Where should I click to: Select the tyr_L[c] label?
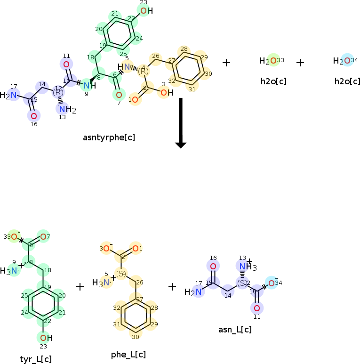(x=36, y=359)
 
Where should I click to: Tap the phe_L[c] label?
(x=128, y=354)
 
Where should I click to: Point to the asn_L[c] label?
(x=235, y=329)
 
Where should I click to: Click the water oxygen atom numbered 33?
(x=273, y=61)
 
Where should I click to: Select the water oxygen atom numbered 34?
(x=347, y=61)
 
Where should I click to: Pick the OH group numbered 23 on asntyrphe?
(x=144, y=11)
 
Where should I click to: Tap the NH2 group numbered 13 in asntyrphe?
(x=64, y=110)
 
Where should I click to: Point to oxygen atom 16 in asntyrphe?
(x=33, y=116)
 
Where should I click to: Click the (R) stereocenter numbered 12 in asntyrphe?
(x=58, y=93)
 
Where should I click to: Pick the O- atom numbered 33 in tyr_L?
(x=14, y=236)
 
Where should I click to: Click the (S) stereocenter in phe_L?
(x=121, y=274)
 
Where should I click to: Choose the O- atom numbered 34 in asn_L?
(x=272, y=283)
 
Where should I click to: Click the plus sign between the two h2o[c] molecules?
(x=300, y=63)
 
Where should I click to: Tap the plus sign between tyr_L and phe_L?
(x=80, y=286)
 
